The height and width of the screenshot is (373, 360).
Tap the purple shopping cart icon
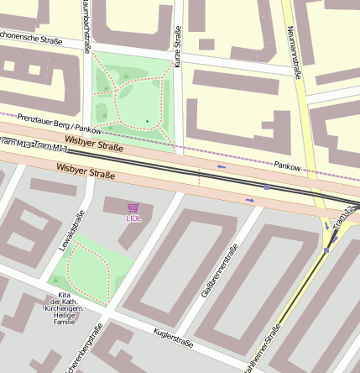click(133, 208)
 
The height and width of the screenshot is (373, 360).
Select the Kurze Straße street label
click(178, 46)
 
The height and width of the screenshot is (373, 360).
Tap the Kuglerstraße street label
click(175, 343)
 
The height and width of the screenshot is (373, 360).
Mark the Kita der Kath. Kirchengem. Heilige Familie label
click(65, 308)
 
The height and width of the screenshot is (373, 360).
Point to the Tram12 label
click(345, 219)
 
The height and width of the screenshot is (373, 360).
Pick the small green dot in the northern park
click(147, 122)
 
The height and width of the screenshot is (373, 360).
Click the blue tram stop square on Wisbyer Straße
click(268, 187)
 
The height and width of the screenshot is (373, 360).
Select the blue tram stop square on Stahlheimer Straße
click(326, 250)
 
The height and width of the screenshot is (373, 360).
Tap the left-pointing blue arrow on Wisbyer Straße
click(222, 166)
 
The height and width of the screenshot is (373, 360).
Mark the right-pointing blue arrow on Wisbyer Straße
click(249, 200)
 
